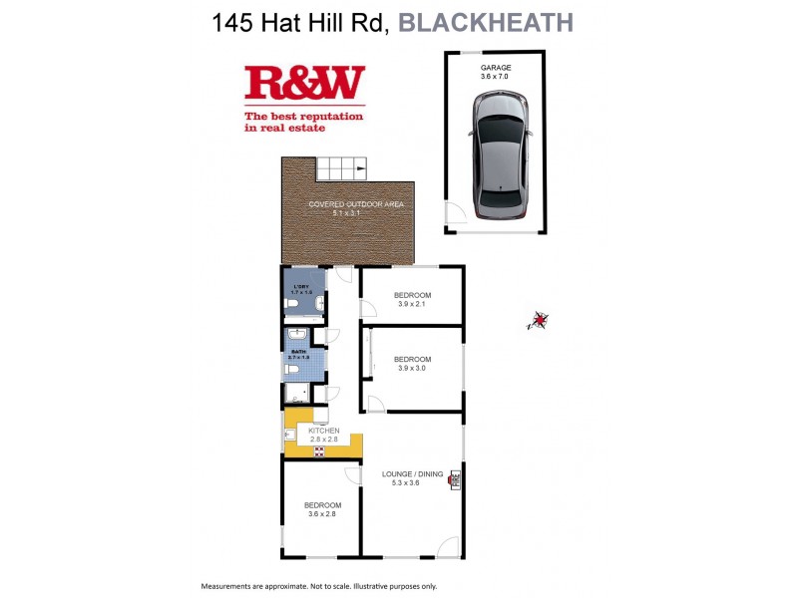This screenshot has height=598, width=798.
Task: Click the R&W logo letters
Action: point(304,85)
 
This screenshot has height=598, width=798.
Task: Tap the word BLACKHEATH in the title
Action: point(486,22)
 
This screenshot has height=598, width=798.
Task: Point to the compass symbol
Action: point(540,320)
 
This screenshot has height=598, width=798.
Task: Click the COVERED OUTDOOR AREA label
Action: point(344,204)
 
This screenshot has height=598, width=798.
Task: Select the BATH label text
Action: point(298,352)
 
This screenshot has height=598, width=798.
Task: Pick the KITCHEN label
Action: point(323,431)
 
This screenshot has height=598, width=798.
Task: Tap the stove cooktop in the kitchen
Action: point(320,450)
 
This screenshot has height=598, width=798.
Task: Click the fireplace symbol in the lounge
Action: point(455,478)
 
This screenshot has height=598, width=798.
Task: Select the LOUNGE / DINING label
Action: point(412,474)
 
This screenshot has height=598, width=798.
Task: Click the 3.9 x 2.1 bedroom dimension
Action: point(411,305)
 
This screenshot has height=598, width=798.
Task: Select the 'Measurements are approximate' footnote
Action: point(319,586)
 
